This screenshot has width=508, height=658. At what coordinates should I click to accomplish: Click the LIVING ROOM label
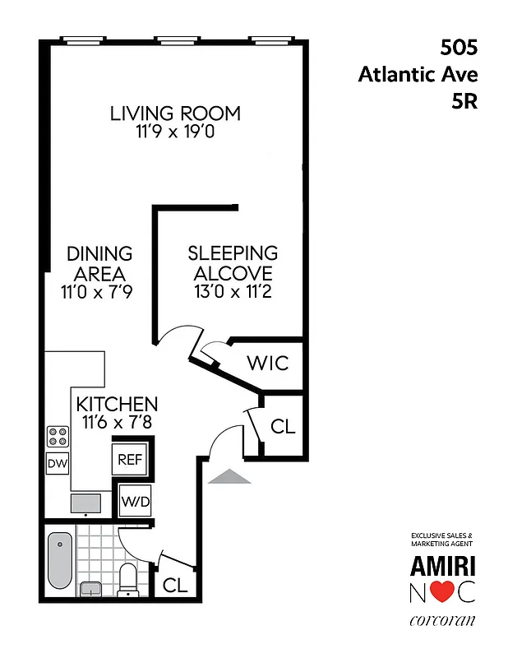[x=175, y=113]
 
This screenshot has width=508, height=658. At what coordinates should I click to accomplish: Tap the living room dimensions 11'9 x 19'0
[x=175, y=132]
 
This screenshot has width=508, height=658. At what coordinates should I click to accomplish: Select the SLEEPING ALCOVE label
[x=233, y=263]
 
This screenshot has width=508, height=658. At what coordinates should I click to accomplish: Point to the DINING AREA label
[x=99, y=263]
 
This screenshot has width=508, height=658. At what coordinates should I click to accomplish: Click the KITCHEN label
[x=117, y=404]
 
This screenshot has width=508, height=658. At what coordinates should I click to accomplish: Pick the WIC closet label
[x=268, y=362]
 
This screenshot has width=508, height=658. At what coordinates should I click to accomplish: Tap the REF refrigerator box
[x=131, y=459]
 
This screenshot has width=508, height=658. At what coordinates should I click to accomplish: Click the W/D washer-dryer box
[x=135, y=499]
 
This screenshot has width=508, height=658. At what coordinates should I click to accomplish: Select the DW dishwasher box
[x=57, y=464]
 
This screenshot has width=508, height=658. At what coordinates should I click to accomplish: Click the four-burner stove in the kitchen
[x=58, y=436]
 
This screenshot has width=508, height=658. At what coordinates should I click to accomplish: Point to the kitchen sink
[x=85, y=503]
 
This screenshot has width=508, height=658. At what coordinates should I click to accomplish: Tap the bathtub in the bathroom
[x=60, y=560]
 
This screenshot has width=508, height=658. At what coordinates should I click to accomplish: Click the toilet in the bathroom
[x=129, y=578]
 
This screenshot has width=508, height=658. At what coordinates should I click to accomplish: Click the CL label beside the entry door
[x=282, y=428]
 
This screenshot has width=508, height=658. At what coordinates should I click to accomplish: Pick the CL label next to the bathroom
[x=174, y=585]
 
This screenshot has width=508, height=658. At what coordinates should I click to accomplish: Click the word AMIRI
[x=442, y=566]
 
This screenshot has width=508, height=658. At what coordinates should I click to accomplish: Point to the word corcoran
[x=442, y=620]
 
